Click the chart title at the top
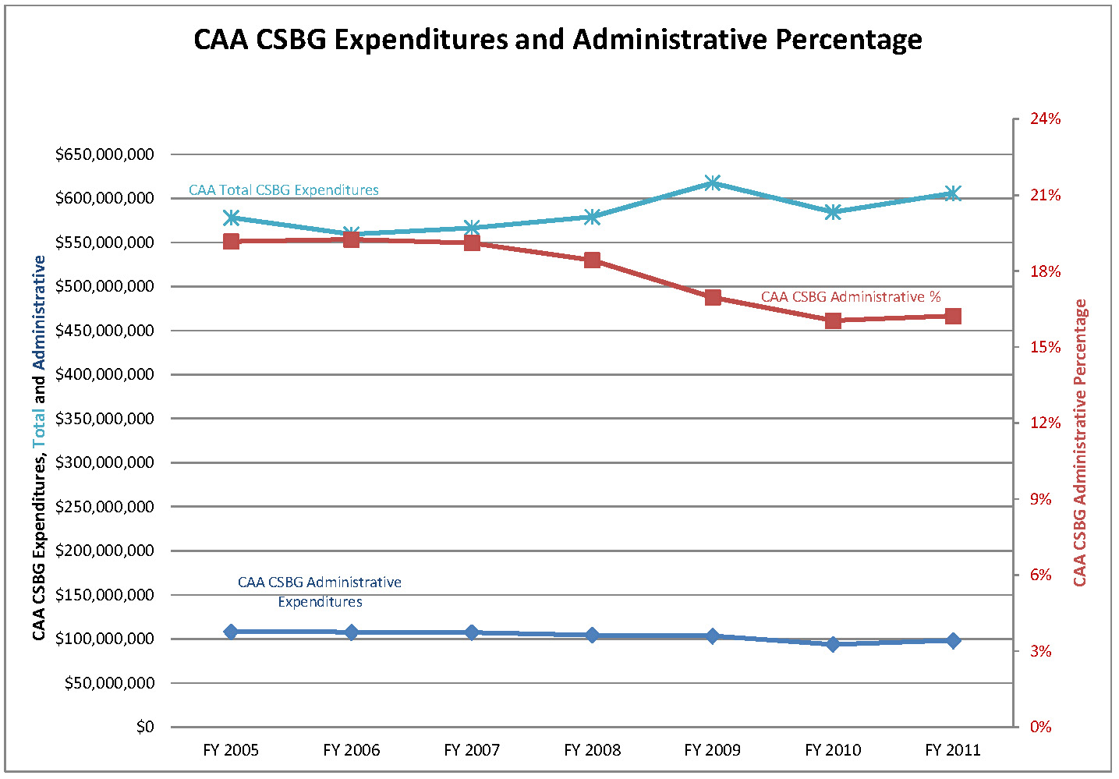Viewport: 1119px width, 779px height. coord(558,39)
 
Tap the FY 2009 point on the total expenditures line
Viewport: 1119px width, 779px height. coord(713,183)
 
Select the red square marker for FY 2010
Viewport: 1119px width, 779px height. coord(833,320)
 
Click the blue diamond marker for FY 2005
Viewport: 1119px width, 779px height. coord(231,632)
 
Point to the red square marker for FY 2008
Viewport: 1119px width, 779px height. coord(593,260)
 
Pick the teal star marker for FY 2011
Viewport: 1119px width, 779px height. coord(953,194)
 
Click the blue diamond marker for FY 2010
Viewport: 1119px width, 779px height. coord(833,644)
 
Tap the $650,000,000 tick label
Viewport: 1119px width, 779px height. coord(104,154)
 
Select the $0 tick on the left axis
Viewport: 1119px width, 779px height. coord(145,727)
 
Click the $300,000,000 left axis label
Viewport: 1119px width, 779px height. coord(104,462)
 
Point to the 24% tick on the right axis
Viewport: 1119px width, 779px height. coord(1045,119)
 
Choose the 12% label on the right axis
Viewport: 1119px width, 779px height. coord(1045,423)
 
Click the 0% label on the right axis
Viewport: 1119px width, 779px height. coord(1040,727)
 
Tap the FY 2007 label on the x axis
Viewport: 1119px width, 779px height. coord(472,750)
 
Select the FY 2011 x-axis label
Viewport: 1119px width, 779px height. coord(953,750)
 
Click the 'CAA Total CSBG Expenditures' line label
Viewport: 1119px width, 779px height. coord(284,190)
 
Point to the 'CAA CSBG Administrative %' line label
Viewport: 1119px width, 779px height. coord(851,297)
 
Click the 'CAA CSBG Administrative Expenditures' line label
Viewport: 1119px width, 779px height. coord(320,592)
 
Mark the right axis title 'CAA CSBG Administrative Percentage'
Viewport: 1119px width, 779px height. coord(1080,443)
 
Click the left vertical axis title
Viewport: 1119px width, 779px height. coord(39,448)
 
